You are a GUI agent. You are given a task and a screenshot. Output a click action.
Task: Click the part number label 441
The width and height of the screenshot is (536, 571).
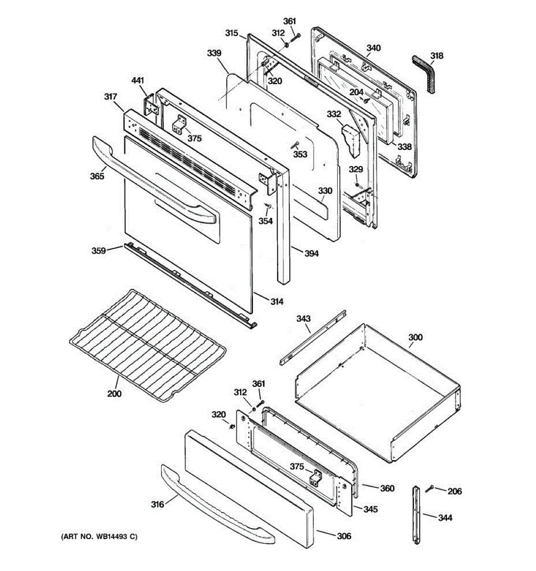point(138,81)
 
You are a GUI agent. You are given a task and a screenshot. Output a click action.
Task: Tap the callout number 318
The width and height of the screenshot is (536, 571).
point(436,56)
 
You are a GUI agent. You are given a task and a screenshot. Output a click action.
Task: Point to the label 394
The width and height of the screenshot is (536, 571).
point(312,253)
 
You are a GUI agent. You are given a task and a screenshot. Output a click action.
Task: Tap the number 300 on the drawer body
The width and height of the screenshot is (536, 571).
point(415,337)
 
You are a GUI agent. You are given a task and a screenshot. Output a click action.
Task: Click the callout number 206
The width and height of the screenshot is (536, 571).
point(455,491)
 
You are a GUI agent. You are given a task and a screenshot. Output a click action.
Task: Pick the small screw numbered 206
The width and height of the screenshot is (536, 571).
point(431,489)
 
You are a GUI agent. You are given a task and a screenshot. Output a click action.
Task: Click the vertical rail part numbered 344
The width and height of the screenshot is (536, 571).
point(417,514)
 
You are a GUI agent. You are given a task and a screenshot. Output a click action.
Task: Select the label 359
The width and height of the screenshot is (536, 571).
point(99,250)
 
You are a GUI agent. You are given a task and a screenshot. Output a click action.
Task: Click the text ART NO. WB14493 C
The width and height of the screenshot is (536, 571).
point(99,537)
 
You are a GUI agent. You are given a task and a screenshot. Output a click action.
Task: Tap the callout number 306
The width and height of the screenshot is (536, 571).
point(344,536)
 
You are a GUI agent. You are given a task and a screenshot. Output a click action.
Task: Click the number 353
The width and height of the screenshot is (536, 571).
point(300,154)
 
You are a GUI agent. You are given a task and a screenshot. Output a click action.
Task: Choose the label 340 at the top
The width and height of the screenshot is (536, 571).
point(374,48)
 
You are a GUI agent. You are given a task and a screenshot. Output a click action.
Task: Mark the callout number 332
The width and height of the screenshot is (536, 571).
point(334,114)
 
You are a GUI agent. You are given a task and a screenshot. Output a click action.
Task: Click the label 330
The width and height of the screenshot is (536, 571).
point(325,191)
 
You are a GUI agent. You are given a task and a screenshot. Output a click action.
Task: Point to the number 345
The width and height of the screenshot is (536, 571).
point(370,509)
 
